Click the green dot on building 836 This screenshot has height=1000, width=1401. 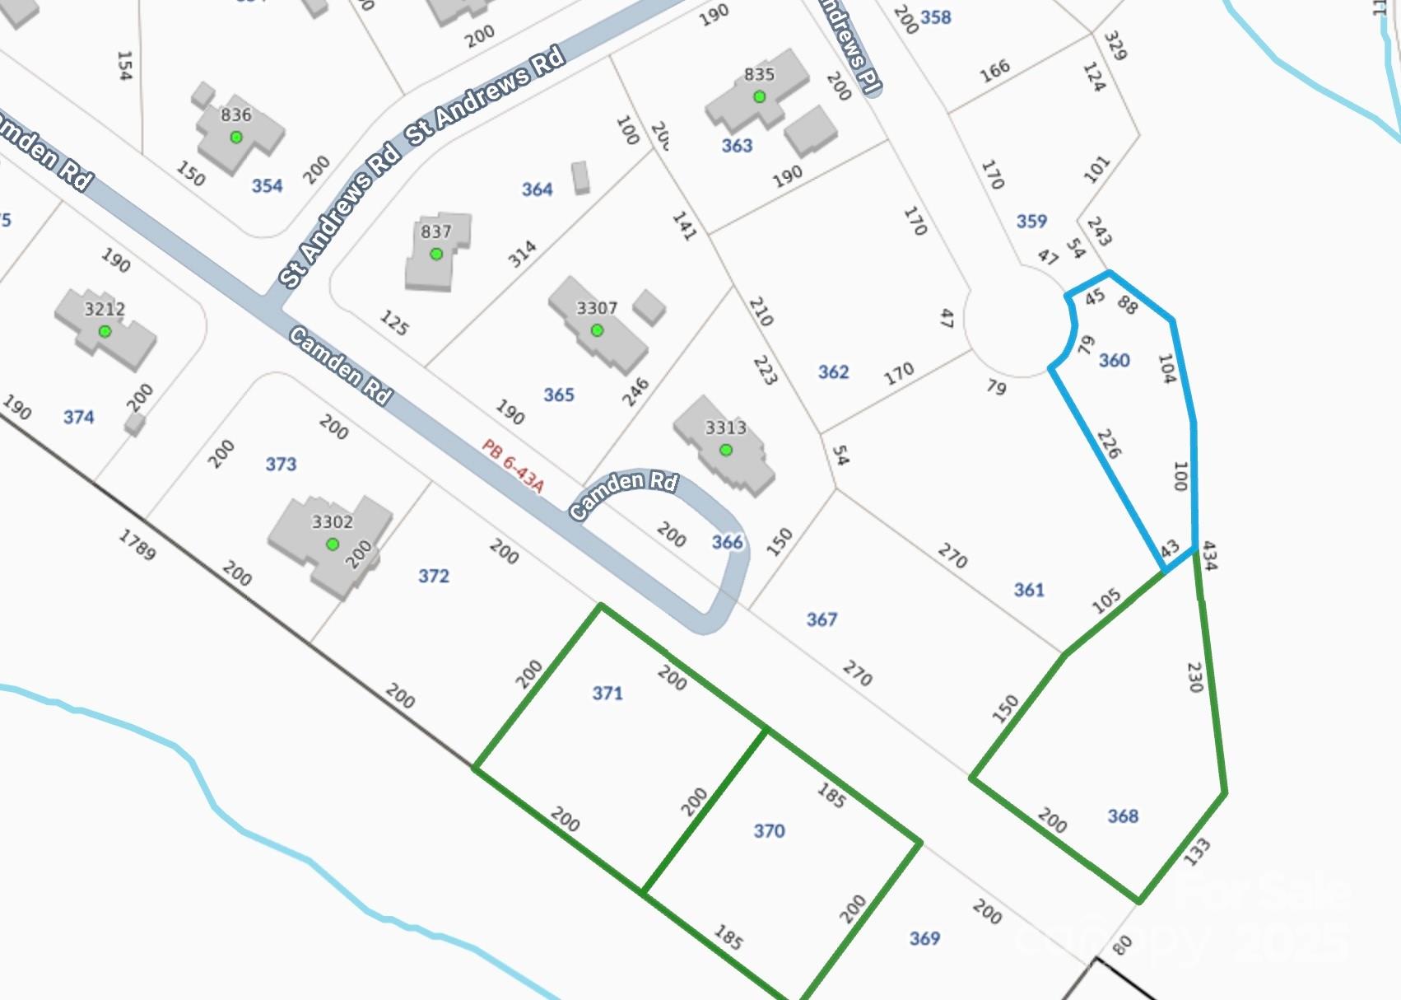pos(236,138)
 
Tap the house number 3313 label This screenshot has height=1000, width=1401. pos(725,428)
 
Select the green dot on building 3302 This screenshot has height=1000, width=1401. pos(333,544)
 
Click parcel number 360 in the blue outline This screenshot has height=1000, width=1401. pos(1114,360)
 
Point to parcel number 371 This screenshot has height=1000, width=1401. pos(607,694)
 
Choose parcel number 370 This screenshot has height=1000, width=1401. pos(769,831)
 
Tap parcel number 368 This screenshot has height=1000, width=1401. pos(1123,816)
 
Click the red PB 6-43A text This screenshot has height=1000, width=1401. pos(513,466)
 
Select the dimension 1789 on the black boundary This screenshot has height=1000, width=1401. pos(137,545)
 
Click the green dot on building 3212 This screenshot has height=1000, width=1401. pos(105,332)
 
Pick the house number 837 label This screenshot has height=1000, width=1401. pos(435,231)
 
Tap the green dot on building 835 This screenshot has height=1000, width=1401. pos(760,97)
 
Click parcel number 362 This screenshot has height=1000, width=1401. pos(833,372)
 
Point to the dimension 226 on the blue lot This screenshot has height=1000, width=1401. pos(1109,444)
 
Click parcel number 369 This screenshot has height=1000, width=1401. pos(924,938)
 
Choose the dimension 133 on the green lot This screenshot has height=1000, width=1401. pos(1196,851)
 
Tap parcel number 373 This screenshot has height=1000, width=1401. pos(281,465)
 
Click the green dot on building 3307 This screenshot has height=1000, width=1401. pos(597,331)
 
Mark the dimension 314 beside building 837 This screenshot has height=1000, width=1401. pos(522,255)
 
